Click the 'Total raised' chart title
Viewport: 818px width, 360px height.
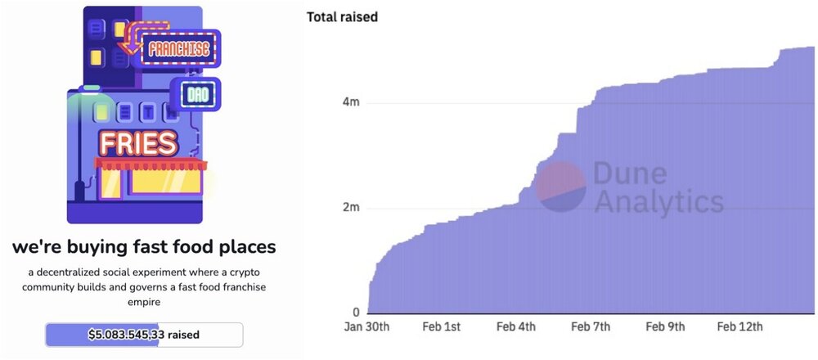(x=342, y=17)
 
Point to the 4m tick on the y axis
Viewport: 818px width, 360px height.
(x=351, y=102)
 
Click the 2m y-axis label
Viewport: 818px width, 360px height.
(x=351, y=208)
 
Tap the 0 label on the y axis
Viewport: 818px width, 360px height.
(x=356, y=313)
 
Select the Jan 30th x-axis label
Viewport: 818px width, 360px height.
(x=367, y=327)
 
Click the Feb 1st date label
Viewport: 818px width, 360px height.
(x=441, y=327)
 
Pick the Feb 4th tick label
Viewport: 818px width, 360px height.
(x=516, y=327)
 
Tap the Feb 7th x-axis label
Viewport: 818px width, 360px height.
(x=591, y=327)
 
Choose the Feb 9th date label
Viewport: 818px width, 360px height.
(x=665, y=327)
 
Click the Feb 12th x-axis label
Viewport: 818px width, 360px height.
(x=739, y=327)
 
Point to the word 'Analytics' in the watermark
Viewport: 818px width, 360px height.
(x=658, y=201)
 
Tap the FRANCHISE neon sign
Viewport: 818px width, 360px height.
(x=178, y=49)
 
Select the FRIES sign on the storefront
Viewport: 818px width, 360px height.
(x=138, y=144)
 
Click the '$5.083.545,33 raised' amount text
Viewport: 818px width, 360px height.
(x=144, y=335)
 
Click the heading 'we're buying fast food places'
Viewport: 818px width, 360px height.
(x=143, y=246)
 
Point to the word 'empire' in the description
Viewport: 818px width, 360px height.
(x=144, y=301)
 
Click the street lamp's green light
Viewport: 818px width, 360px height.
(x=90, y=88)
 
